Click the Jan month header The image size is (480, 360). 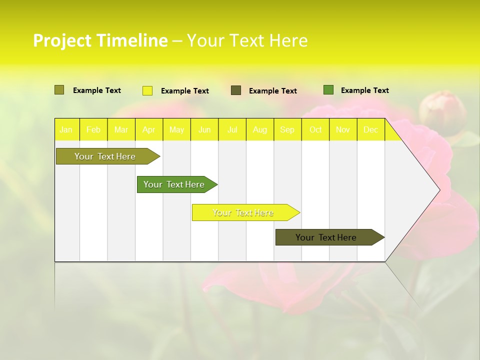(x=66, y=129)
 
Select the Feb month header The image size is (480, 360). (x=93, y=129)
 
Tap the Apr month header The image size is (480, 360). (x=148, y=129)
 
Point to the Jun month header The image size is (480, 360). (x=204, y=129)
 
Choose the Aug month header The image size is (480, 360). (x=260, y=129)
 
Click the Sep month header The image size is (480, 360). (x=287, y=129)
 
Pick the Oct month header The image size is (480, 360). (x=315, y=129)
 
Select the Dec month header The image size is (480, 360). (x=371, y=129)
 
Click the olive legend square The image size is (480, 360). (x=59, y=90)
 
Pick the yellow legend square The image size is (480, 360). (x=147, y=90)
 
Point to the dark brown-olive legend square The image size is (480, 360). (x=236, y=90)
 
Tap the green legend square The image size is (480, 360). (x=328, y=90)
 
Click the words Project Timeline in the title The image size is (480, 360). (x=100, y=40)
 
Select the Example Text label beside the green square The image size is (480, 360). (x=364, y=90)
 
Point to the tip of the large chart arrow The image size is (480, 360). (x=439, y=189)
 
